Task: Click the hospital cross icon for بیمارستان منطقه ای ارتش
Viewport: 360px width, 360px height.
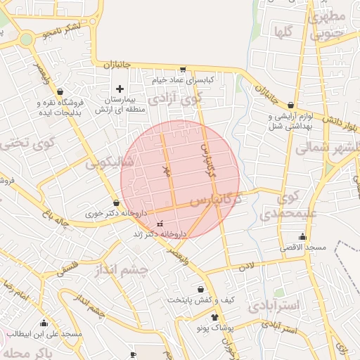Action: click(x=120, y=89)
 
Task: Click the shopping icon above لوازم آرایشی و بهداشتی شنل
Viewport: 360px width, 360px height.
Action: click(x=290, y=105)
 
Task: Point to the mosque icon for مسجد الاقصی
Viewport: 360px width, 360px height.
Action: click(x=302, y=236)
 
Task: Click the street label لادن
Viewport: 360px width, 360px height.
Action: click(x=245, y=266)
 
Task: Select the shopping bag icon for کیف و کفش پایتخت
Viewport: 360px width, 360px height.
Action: click(x=201, y=289)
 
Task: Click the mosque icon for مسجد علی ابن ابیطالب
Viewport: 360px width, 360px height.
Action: click(x=44, y=323)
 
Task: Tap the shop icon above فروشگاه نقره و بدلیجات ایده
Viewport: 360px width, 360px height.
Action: click(x=60, y=91)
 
